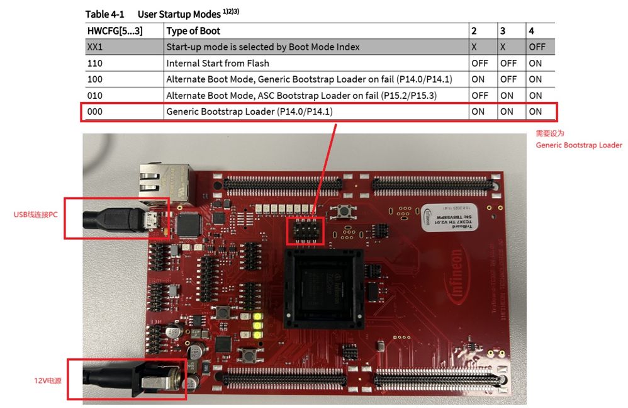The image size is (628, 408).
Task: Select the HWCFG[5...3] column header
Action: click(x=115, y=30)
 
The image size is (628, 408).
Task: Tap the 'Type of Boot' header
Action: click(x=193, y=30)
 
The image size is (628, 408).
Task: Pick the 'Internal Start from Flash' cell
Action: click(x=217, y=63)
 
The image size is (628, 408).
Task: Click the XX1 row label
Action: click(x=95, y=47)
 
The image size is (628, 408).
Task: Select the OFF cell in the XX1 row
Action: click(x=537, y=47)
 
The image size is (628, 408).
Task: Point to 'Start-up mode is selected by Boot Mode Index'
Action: click(x=262, y=47)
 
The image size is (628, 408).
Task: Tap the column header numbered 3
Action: click(x=503, y=30)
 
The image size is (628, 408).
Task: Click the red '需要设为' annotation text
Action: click(x=550, y=133)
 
